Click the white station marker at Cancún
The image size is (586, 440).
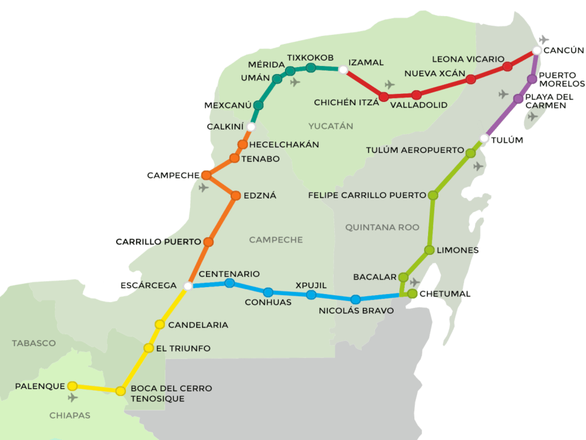(x=536, y=50)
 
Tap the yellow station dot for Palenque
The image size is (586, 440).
(x=73, y=386)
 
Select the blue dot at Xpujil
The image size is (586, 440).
(x=311, y=295)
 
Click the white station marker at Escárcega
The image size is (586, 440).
(x=188, y=285)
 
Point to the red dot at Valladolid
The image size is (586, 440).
(x=416, y=95)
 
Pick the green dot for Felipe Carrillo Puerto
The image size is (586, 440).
(x=433, y=195)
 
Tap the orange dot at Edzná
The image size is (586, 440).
(x=235, y=196)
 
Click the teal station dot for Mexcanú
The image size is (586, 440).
(x=258, y=105)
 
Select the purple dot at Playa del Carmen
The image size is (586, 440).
(x=518, y=99)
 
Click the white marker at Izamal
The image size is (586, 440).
(x=343, y=70)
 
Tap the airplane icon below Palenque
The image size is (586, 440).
(x=73, y=398)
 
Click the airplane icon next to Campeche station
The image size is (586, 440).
(x=204, y=187)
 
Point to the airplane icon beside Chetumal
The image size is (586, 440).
(x=415, y=282)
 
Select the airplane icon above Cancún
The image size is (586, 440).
(x=544, y=40)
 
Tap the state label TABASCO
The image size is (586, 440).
(x=34, y=343)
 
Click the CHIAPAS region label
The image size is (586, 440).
(x=69, y=415)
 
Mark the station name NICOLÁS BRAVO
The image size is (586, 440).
(x=357, y=311)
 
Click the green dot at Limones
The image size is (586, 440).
(x=429, y=250)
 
